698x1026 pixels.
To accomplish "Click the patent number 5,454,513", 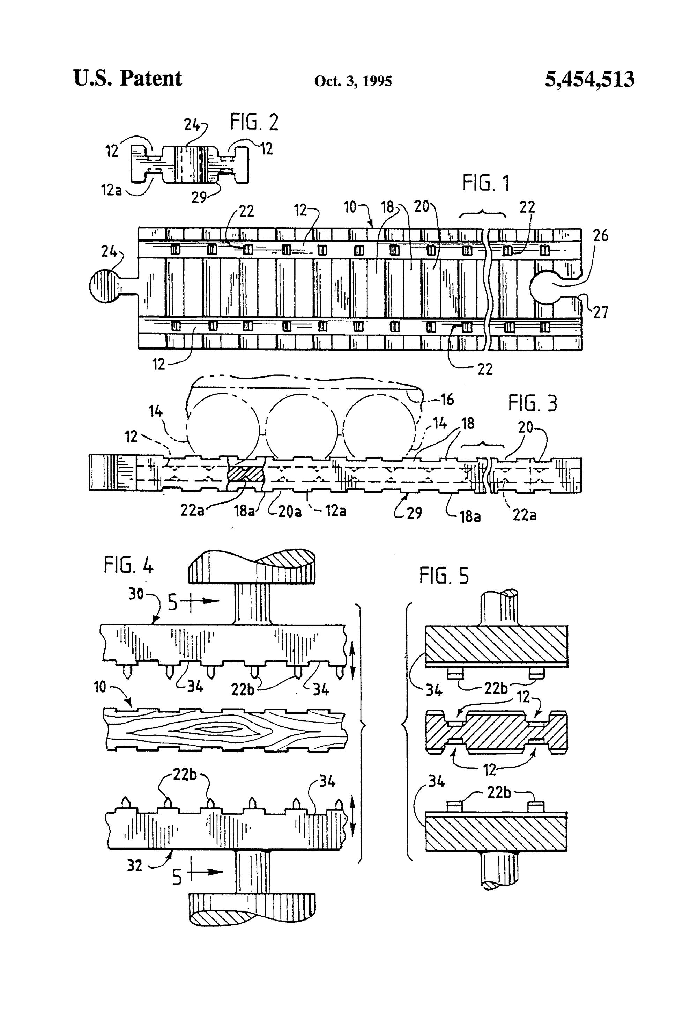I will click(589, 80).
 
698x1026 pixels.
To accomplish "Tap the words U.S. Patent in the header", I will click(127, 79).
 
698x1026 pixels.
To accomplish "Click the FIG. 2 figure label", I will click(254, 122).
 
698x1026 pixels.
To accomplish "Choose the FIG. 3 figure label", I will click(532, 403).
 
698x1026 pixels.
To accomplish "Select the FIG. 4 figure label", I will click(128, 565).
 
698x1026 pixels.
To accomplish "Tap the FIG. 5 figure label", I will click(444, 576).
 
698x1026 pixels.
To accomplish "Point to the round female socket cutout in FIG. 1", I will click(546, 287).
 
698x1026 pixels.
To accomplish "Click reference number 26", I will click(600, 236).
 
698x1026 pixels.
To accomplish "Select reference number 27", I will click(600, 313).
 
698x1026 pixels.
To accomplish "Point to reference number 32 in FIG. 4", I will click(135, 865).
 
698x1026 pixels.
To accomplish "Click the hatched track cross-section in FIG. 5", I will click(496, 731).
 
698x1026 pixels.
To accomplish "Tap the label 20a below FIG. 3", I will click(289, 511).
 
